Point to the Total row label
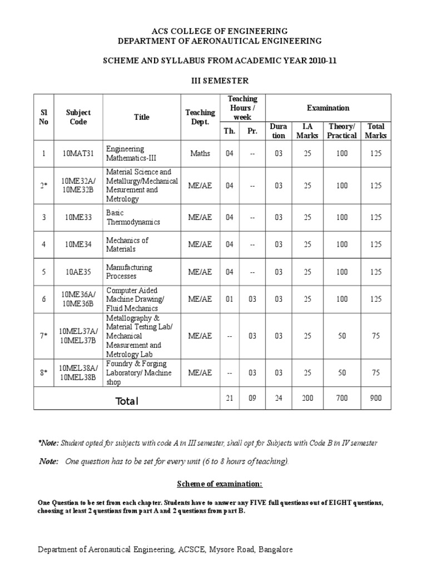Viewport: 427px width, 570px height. pyautogui.click(x=127, y=401)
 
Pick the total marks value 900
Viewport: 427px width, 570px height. pyautogui.click(x=376, y=398)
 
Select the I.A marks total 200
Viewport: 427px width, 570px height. pyautogui.click(x=307, y=398)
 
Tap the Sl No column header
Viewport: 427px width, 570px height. pyautogui.click(x=44, y=117)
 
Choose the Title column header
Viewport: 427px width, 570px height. pyautogui.click(x=142, y=117)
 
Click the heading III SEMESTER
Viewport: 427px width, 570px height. pyautogui.click(x=213, y=81)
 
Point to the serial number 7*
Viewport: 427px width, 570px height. pyautogui.click(x=44, y=336)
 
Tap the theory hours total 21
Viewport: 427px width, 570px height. pyautogui.click(x=229, y=398)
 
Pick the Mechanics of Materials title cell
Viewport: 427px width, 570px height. pyautogui.click(x=127, y=244)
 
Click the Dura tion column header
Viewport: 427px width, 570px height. pyautogui.click(x=279, y=131)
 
